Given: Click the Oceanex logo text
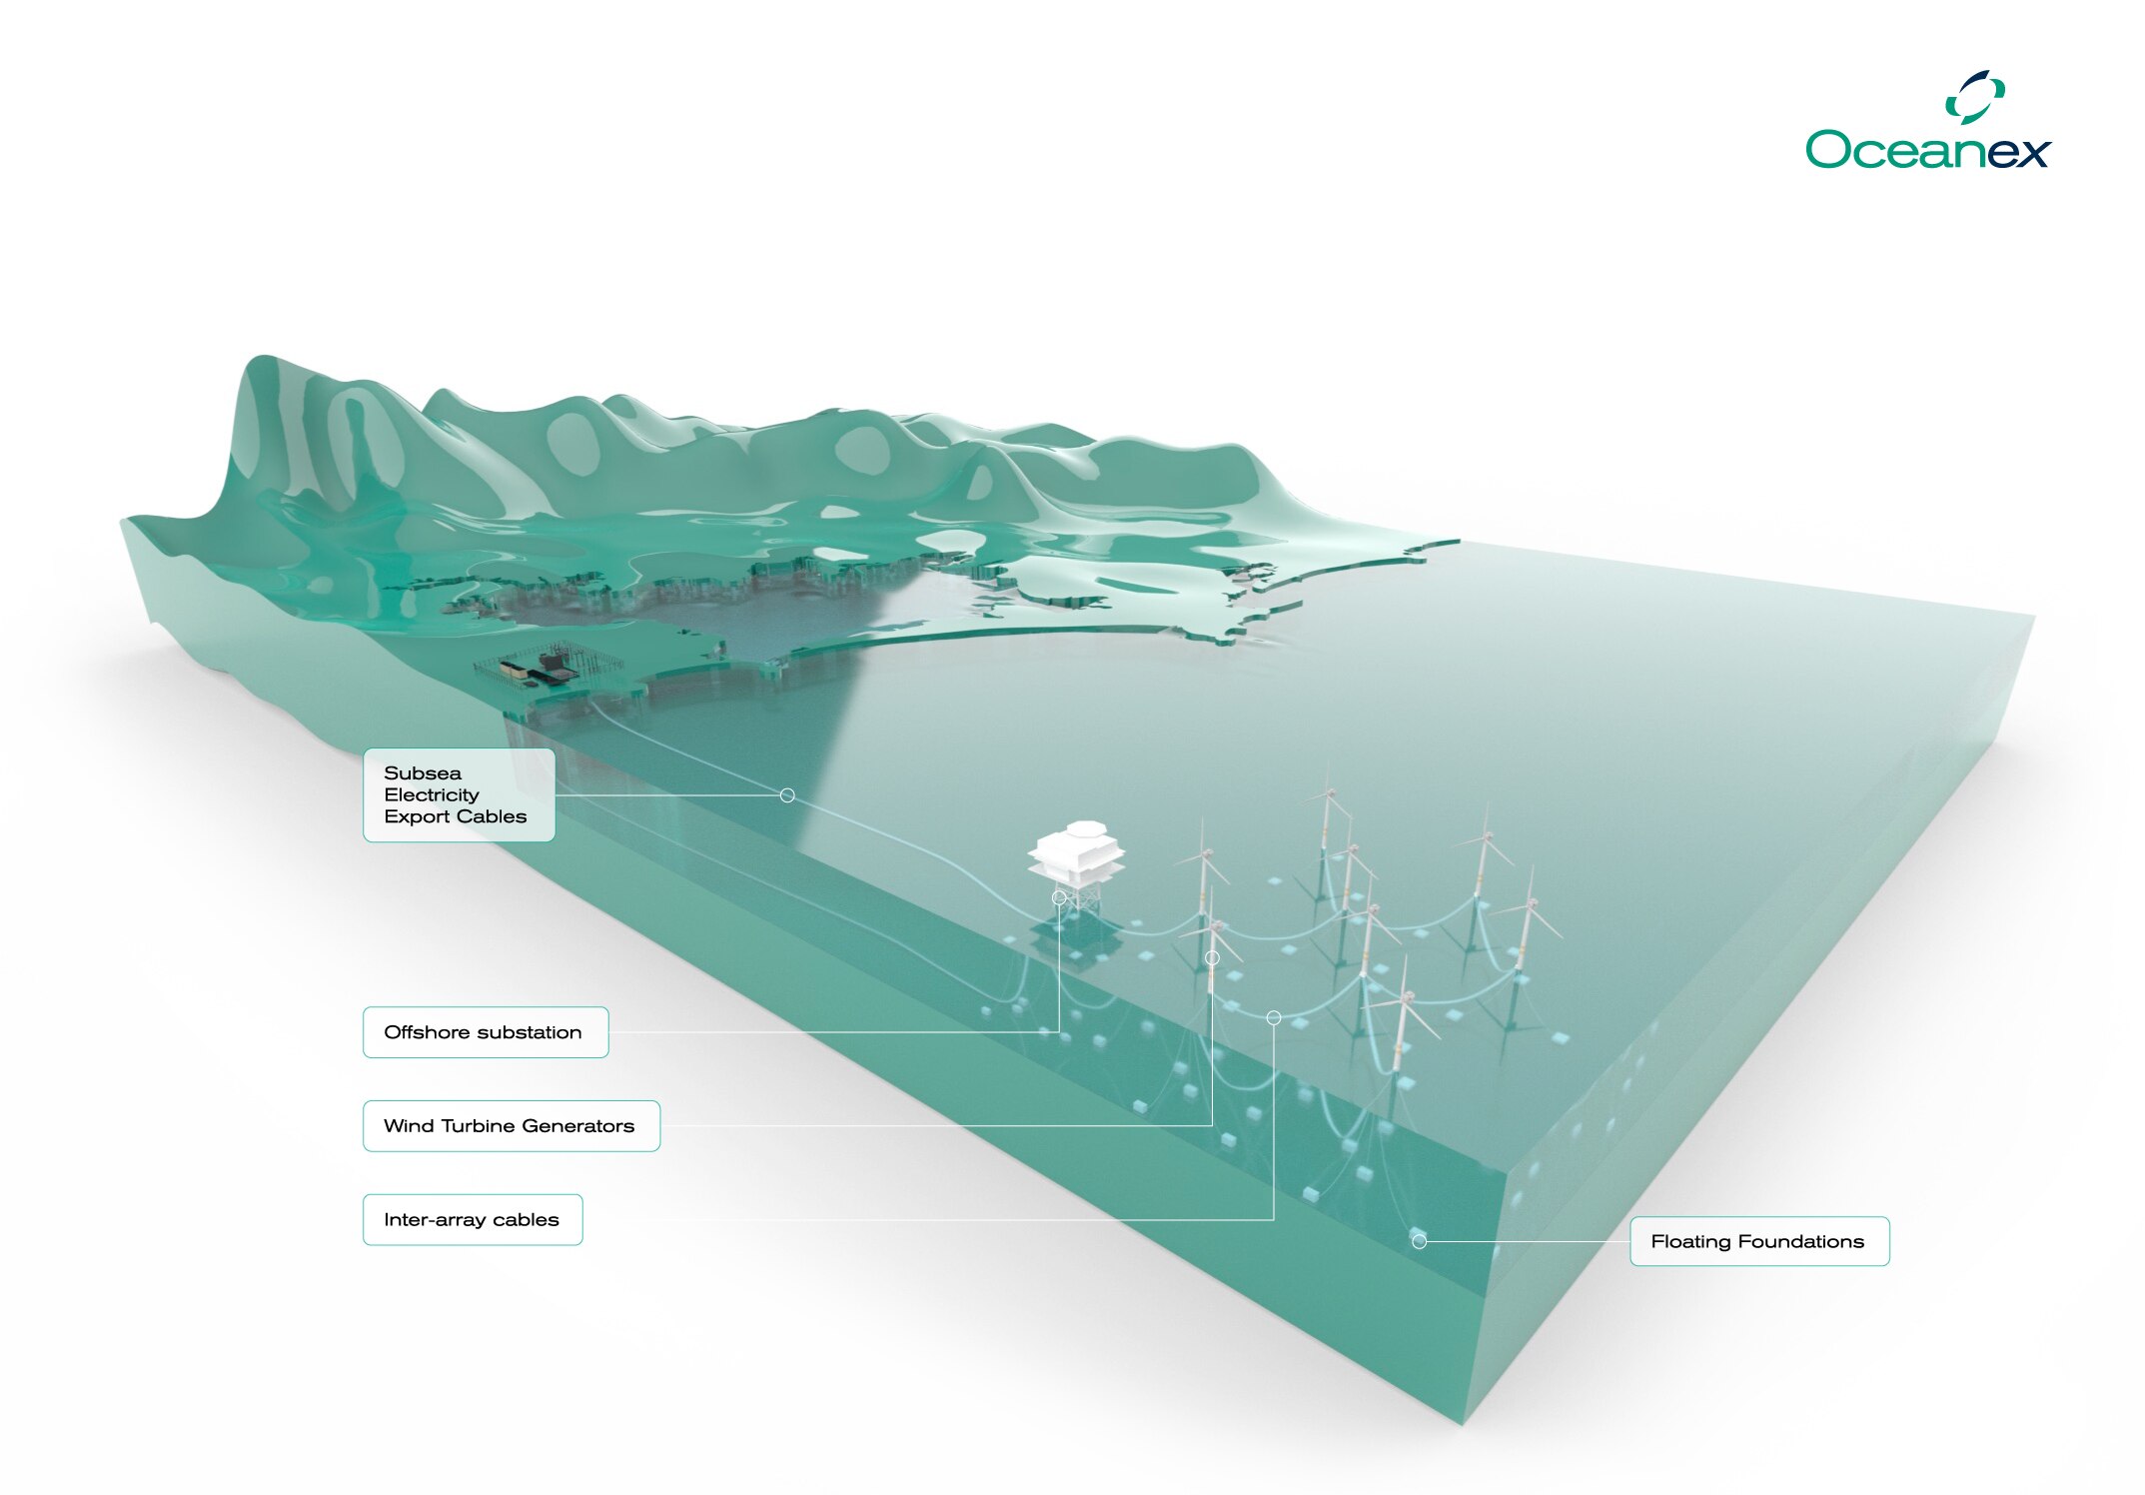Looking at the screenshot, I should [1927, 150].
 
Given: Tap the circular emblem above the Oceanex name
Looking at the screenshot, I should [1975, 97].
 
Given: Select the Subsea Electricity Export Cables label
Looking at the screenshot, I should [459, 794].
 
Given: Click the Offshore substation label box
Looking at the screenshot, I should [486, 1032].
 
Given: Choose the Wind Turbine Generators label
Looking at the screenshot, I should [511, 1126].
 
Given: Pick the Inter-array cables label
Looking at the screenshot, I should [473, 1220].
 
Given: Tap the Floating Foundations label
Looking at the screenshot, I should [1758, 1241].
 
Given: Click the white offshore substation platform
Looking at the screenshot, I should [1076, 854].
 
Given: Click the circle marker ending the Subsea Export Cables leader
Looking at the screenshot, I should [787, 795].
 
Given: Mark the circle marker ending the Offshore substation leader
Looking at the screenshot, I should [1059, 897].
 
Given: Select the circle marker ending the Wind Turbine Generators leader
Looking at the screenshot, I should [1212, 958].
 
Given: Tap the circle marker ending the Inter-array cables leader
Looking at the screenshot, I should [1274, 1017].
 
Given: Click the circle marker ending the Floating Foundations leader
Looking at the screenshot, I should [1419, 1241].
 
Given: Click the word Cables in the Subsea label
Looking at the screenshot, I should [491, 816].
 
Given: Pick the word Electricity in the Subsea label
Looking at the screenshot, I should [432, 794].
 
